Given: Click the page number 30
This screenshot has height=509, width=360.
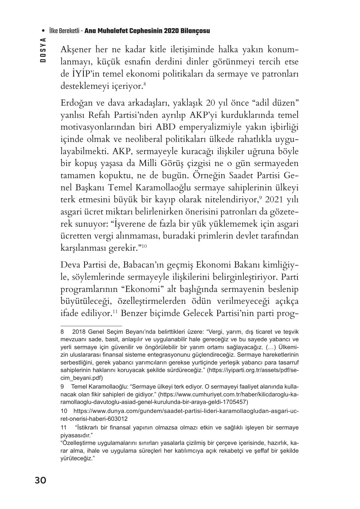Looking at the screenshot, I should [x=40, y=481].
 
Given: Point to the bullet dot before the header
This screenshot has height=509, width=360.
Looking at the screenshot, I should [x=44, y=31].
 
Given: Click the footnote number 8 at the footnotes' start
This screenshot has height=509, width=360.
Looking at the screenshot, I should [x=62, y=332].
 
